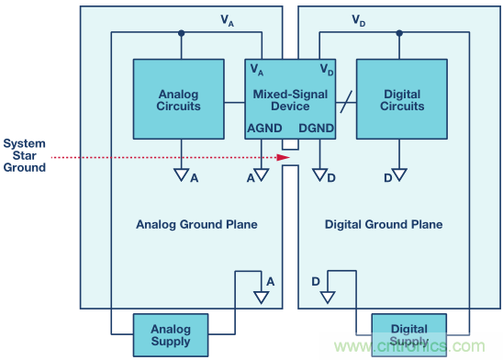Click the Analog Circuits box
coord(179,99)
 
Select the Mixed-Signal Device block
coord(290,99)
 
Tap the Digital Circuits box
coord(402,99)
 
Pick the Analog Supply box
coord(171,335)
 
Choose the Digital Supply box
coord(409,335)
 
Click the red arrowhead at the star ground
coord(284,157)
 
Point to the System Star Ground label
coord(25,155)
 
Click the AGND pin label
coord(264,128)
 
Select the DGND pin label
coord(317,128)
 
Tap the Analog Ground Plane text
coord(196,224)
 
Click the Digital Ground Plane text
coord(384,224)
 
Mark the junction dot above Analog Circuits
coord(181,33)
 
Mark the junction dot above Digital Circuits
coord(399,33)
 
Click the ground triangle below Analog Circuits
coord(181,174)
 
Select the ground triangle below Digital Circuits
coord(399,174)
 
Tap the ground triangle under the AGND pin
coord(262,174)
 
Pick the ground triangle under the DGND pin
coord(319,174)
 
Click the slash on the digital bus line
coord(346,102)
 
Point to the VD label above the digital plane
coord(358,20)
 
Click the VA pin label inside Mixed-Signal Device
coord(257,70)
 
